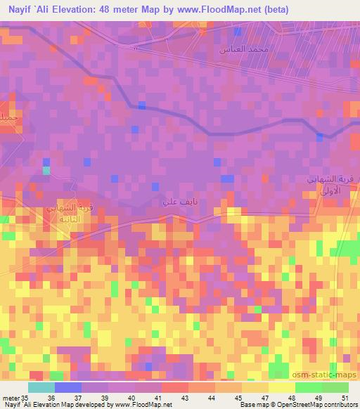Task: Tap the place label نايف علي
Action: [175, 202]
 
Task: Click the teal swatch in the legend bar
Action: [41, 387]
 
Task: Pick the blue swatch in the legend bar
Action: [67, 387]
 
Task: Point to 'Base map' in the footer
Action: [251, 405]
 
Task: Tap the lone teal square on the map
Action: [46, 170]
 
